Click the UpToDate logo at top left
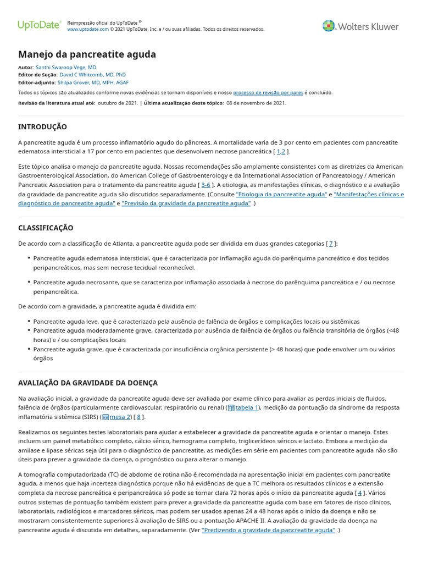click(39, 25)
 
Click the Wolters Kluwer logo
click(360, 26)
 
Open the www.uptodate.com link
click(87, 29)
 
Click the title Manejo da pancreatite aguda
click(87, 54)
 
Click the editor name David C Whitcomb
click(92, 74)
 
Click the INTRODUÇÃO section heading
click(42, 127)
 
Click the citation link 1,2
click(281, 152)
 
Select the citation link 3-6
click(206, 185)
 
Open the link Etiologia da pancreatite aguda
click(281, 195)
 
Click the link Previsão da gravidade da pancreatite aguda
click(186, 203)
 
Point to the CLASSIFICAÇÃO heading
click(46, 228)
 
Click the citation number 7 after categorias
click(331, 244)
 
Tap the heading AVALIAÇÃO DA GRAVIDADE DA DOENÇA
click(87, 383)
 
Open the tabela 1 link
click(246, 408)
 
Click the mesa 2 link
click(120, 417)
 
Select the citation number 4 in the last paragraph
click(360, 493)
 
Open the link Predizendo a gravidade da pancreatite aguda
click(268, 531)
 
